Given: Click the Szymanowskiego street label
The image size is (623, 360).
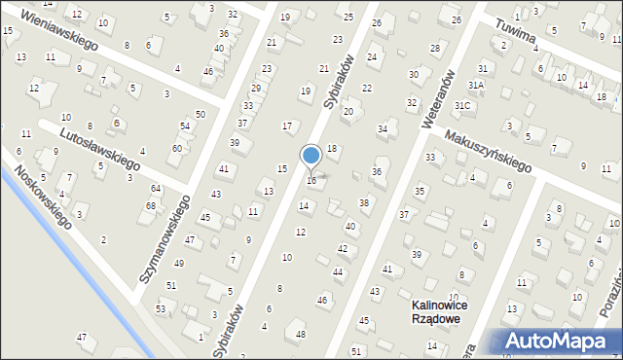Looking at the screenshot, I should click(164, 238).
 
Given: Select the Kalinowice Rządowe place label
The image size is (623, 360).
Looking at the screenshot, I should click(434, 311).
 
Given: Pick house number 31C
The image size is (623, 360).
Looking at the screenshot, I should click(463, 105).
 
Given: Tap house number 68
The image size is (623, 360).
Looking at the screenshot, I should click(151, 205).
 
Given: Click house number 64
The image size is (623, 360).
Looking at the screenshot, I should click(156, 188).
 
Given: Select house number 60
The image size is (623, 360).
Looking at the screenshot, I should click(176, 148).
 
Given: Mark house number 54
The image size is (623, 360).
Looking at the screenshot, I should click(185, 127).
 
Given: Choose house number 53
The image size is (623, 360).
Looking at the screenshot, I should click(160, 308).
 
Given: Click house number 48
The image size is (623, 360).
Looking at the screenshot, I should click(301, 334).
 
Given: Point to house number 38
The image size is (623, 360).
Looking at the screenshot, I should click(364, 202).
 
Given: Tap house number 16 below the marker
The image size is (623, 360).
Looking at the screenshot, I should click(311, 181).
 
